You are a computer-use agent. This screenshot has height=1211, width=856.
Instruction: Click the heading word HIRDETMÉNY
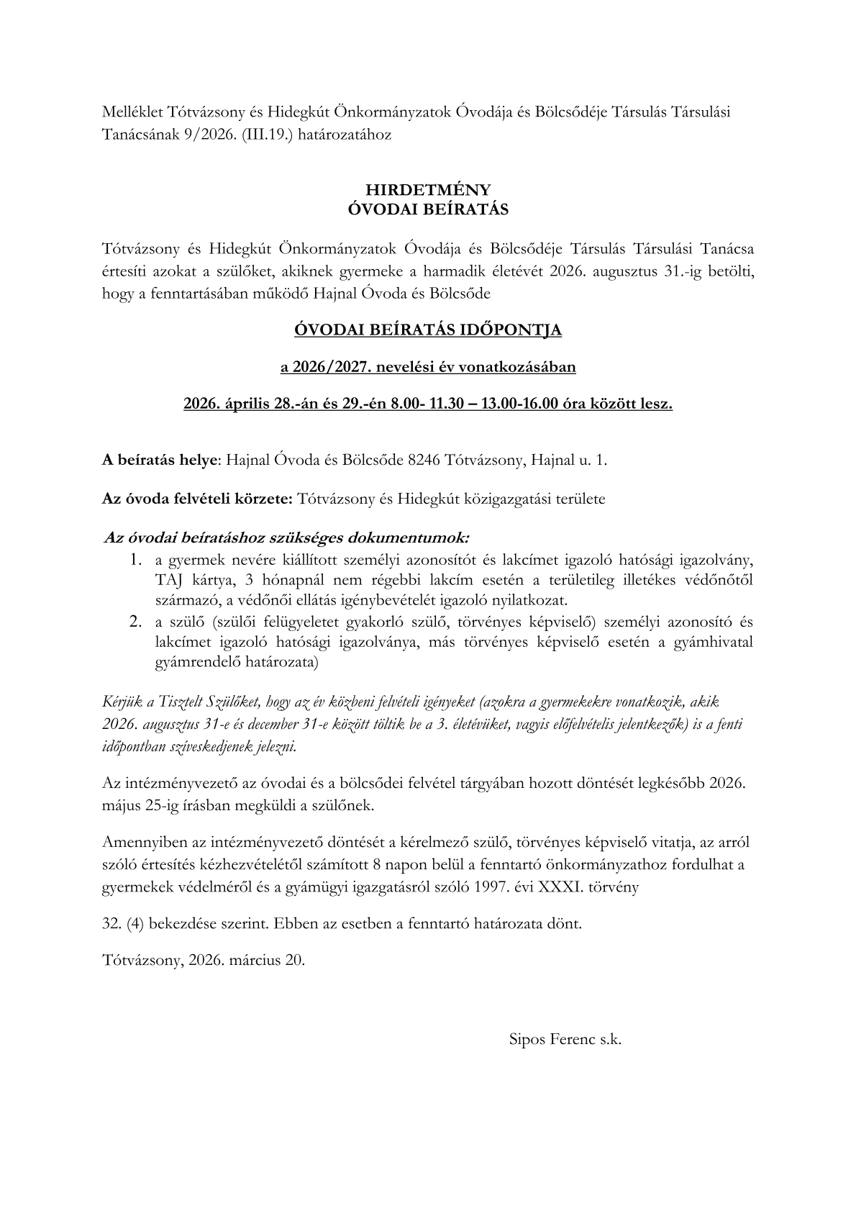(x=427, y=190)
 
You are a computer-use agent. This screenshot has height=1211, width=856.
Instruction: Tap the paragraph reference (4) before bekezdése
(x=135, y=924)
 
